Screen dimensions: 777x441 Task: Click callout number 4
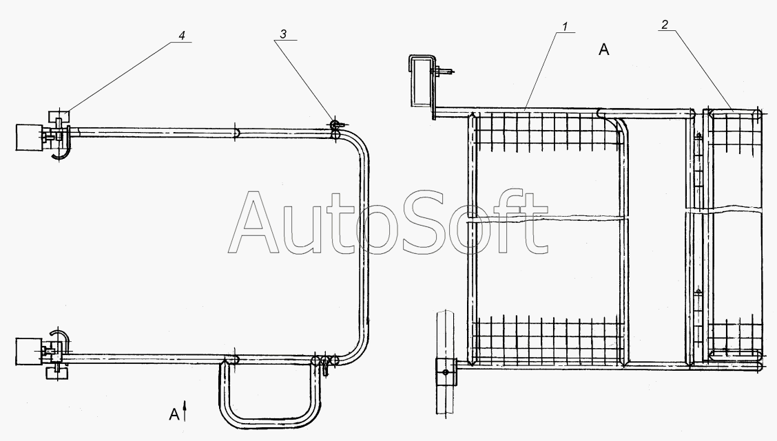[182, 36]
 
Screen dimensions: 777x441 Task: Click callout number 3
[283, 34]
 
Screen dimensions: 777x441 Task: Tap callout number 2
[665, 24]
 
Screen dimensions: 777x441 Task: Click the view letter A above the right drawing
[603, 50]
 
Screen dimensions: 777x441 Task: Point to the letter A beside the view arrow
[174, 414]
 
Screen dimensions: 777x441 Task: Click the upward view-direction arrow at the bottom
[185, 411]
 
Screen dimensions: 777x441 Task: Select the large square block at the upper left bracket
[29, 137]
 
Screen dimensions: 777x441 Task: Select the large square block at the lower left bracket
[29, 352]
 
